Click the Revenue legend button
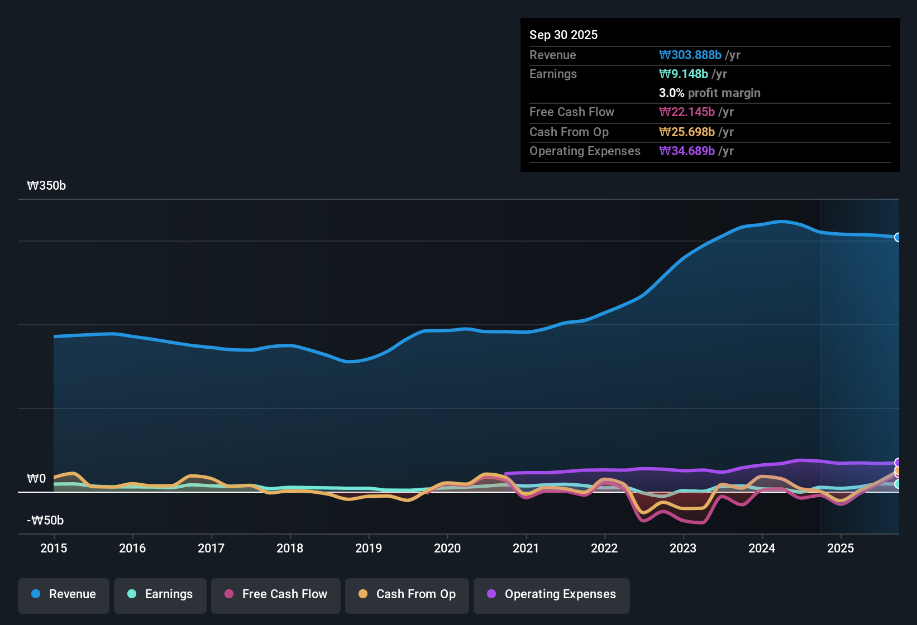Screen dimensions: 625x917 pos(64,594)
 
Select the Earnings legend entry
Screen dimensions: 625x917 pos(160,594)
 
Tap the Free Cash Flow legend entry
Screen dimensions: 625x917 pos(276,594)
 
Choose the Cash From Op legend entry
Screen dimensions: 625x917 pos(407,594)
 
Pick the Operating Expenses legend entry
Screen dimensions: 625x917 pos(552,594)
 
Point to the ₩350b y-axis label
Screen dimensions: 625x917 pos(46,186)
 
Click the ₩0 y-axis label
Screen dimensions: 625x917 pos(36,479)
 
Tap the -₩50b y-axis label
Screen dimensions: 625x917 pos(45,521)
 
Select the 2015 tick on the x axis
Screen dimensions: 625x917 pos(54,549)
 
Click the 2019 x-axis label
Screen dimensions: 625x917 pos(369,549)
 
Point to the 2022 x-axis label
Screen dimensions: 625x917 pos(604,549)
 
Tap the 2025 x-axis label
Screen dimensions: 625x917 pos(840,549)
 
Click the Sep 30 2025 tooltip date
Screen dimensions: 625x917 pos(563,35)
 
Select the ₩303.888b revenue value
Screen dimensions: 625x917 pos(690,55)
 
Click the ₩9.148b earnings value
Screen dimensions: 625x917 pos(684,74)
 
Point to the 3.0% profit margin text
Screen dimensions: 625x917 pos(709,93)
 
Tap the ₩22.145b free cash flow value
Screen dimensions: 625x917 pos(687,112)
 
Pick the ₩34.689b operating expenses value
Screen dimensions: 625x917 pos(687,151)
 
